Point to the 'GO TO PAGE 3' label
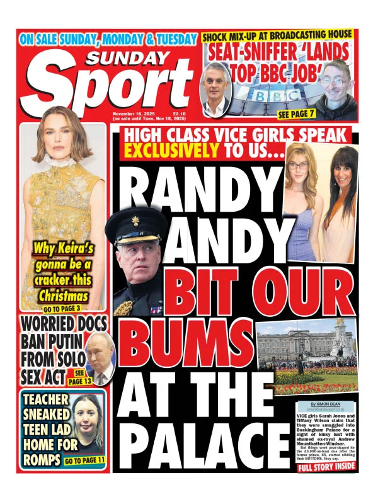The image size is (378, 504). pos(62,309)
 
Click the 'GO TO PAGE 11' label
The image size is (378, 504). pos(84,461)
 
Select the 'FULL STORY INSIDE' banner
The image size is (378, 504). pos(326,467)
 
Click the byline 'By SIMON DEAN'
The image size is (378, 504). pos(326,403)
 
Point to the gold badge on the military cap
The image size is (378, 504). pos(135,221)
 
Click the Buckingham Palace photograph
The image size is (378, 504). pos(307,356)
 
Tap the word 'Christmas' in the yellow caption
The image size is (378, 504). pos(62,295)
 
